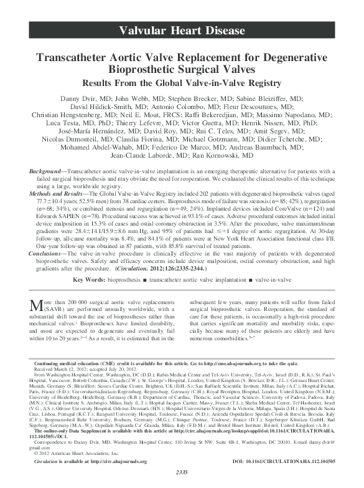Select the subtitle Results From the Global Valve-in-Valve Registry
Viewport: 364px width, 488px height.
click(182, 82)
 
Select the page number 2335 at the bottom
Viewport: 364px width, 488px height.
click(182, 481)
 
